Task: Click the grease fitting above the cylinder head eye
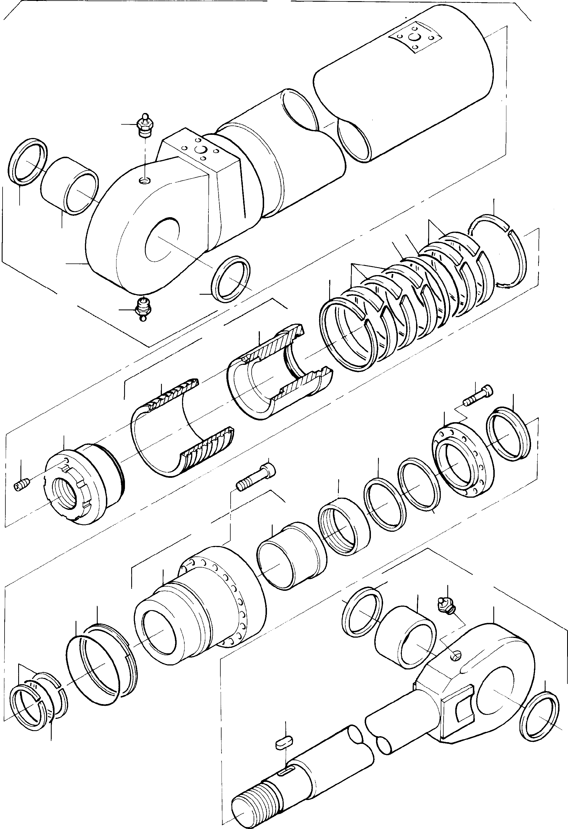pos(145,125)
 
